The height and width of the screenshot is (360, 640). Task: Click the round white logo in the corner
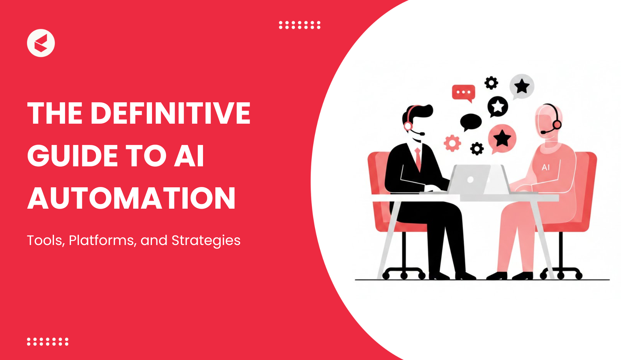click(41, 43)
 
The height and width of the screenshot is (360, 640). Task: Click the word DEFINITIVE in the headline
click(170, 113)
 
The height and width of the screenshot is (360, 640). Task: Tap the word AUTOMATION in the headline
click(131, 198)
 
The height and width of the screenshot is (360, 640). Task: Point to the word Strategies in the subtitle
click(206, 241)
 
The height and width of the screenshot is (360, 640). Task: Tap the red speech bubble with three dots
click(463, 93)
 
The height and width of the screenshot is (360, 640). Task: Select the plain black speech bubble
click(470, 122)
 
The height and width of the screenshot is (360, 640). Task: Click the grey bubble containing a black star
click(522, 86)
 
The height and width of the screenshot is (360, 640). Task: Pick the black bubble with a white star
click(498, 107)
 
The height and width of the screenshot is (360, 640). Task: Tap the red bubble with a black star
click(502, 139)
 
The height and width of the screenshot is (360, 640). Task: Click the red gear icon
click(452, 143)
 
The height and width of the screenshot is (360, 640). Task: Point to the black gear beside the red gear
click(477, 149)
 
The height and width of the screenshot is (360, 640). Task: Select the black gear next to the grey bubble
click(491, 83)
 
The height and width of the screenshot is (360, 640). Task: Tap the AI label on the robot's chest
click(546, 167)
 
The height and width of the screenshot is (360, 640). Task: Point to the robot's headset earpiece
click(557, 125)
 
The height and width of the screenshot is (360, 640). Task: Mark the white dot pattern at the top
click(300, 25)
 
